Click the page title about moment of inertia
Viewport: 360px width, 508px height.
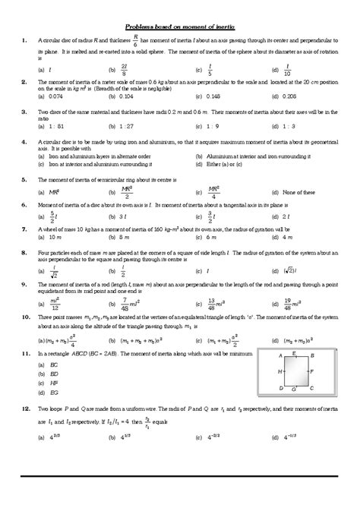click(179, 25)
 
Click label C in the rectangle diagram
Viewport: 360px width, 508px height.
click(312, 388)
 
